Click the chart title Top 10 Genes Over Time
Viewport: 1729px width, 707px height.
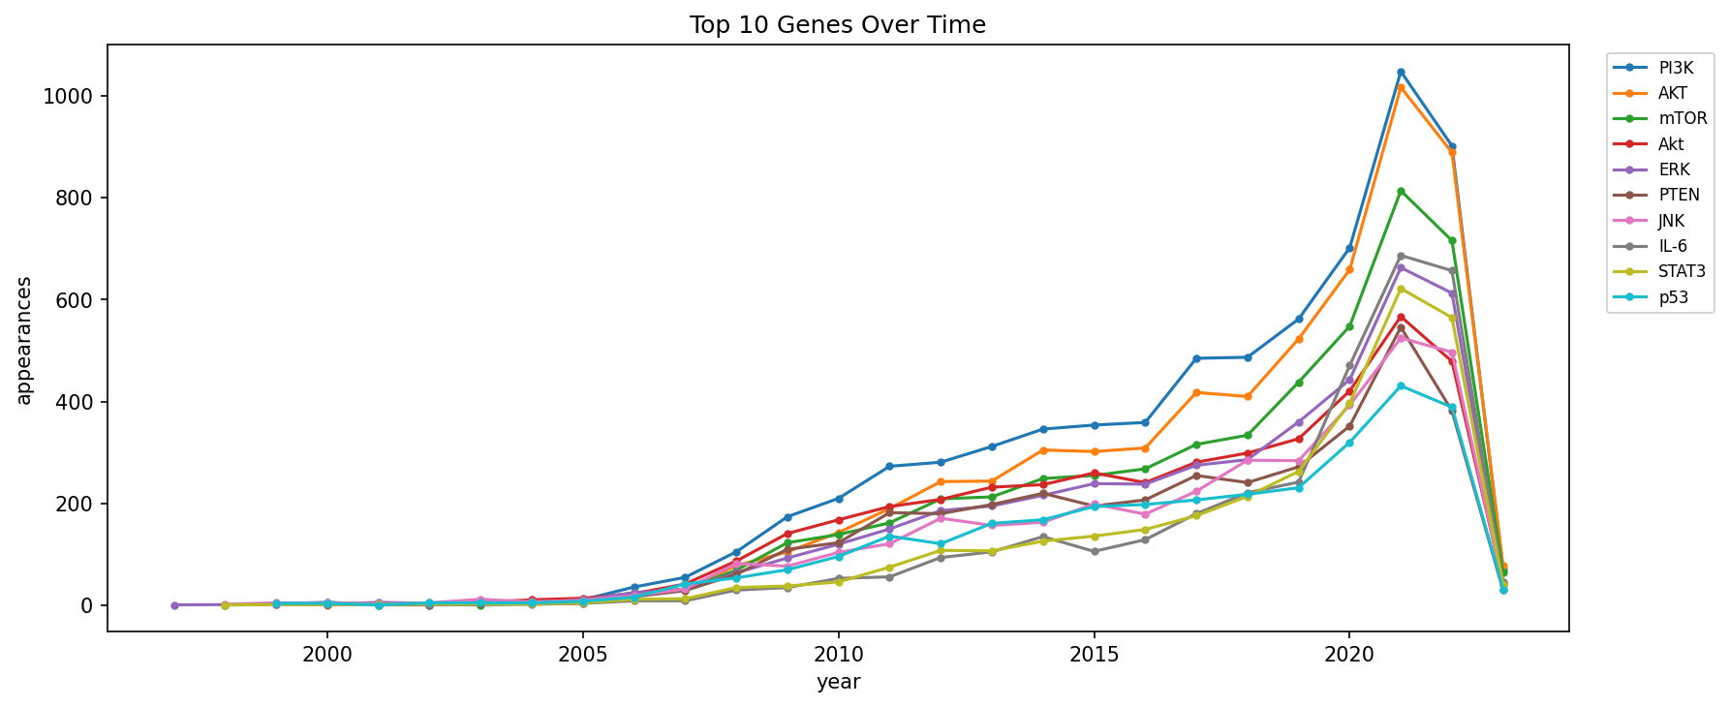pyautogui.click(x=837, y=25)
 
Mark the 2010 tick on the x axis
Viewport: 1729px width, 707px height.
pyautogui.click(x=838, y=654)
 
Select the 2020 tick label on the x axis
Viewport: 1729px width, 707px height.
pyautogui.click(x=1349, y=654)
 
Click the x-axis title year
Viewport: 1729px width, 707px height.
pyautogui.click(x=838, y=683)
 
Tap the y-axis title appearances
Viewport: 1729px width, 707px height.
pyautogui.click(x=24, y=340)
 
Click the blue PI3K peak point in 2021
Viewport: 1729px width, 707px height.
pyautogui.click(x=1401, y=73)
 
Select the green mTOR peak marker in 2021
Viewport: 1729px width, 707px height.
pyautogui.click(x=1401, y=192)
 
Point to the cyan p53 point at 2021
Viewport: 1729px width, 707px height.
pyautogui.click(x=1401, y=386)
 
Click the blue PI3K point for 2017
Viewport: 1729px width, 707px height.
pyautogui.click(x=1196, y=358)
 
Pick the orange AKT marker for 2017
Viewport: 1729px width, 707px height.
pyautogui.click(x=1196, y=392)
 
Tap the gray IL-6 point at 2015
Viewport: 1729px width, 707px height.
pyautogui.click(x=1095, y=551)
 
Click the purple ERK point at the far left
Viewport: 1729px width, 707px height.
pyautogui.click(x=174, y=605)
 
